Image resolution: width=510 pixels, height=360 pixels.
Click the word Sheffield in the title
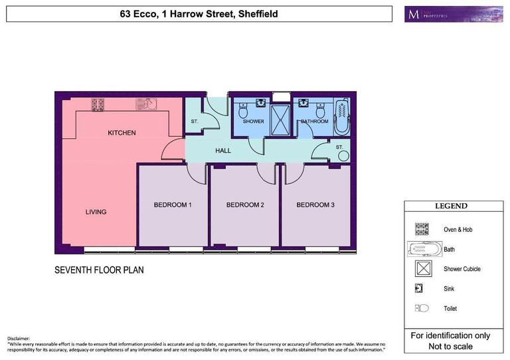point(256,14)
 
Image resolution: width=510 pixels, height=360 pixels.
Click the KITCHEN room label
point(122,133)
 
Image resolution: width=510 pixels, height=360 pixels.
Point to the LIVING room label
point(96,212)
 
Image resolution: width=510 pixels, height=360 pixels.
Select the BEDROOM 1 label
point(173,205)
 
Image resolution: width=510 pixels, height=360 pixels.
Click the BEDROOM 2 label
point(245,205)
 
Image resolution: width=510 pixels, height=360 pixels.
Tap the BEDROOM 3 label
point(315,205)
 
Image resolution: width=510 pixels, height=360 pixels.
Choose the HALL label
point(223,151)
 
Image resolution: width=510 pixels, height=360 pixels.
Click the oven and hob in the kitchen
point(99,104)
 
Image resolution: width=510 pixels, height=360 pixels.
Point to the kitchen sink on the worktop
point(145,104)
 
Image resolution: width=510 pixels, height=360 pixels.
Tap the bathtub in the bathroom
point(341,116)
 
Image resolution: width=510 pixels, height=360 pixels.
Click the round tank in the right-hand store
point(343,155)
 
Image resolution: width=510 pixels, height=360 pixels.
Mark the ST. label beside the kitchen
point(195,122)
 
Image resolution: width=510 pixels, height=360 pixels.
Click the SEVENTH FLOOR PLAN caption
point(99,270)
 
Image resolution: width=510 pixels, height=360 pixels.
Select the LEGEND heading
point(451,206)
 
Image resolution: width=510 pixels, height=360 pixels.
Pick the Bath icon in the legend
point(422,249)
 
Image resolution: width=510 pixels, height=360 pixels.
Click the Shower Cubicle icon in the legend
point(422,269)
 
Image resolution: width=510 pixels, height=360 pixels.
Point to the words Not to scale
point(451,347)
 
